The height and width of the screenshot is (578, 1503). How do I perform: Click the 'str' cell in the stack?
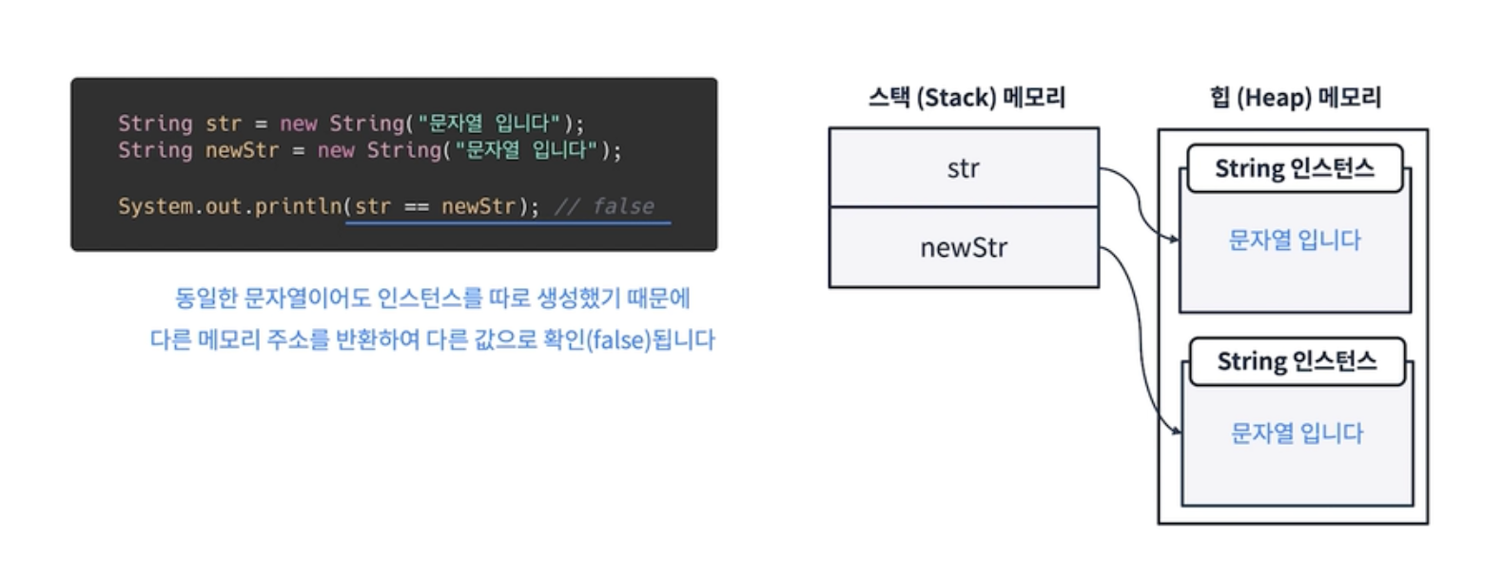963,168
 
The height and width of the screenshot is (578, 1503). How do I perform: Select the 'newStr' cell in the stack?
963,248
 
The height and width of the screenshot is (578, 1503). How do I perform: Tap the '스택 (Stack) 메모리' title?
966,97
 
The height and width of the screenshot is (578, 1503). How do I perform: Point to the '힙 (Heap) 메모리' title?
1295,97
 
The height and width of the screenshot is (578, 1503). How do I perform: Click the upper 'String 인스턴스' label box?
1295,169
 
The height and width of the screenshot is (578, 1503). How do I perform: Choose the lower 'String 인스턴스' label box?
1297,362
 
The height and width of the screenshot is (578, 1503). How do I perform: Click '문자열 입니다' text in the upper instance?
1295,241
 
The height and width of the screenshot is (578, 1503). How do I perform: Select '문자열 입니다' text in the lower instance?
1297,433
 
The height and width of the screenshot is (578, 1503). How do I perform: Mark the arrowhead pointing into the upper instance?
1175,239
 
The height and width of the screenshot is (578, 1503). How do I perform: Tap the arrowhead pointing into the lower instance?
1177,432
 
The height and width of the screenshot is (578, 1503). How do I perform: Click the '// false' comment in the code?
605,206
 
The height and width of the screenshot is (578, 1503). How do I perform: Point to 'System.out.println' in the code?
229,206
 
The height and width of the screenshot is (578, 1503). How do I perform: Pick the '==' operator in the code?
416,206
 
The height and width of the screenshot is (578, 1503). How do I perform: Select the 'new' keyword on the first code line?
298,124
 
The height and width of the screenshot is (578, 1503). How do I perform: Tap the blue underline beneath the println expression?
508,223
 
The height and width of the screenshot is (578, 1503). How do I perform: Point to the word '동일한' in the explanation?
205,299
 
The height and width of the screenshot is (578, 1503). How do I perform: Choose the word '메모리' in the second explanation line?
228,339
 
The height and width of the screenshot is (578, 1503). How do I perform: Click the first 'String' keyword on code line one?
155,124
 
